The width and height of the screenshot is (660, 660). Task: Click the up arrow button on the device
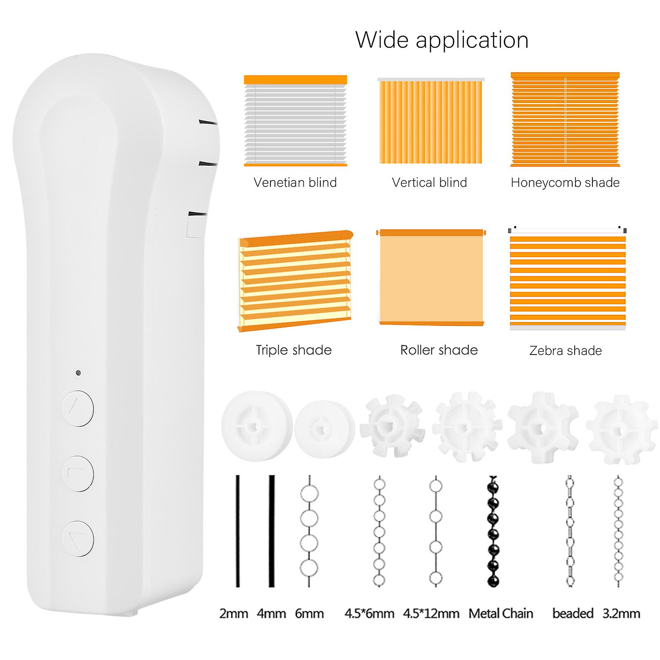(78, 408)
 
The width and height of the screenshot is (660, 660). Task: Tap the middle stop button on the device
(78, 473)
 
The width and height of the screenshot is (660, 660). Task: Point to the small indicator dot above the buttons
(78, 373)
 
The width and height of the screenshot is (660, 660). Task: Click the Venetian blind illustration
(296, 121)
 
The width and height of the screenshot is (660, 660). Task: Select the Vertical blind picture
(431, 121)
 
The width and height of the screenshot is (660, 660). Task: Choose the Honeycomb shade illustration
(565, 120)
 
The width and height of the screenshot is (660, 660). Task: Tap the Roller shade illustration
(431, 277)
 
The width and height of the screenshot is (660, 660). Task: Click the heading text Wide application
(442, 40)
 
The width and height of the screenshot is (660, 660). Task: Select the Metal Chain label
(501, 613)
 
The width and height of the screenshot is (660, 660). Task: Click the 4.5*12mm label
(431, 613)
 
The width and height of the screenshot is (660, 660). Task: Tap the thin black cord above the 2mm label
(237, 531)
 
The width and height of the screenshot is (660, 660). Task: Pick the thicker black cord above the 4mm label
(272, 531)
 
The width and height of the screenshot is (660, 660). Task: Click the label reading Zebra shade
(566, 351)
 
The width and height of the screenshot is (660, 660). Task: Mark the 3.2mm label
(621, 613)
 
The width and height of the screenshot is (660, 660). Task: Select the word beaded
(573, 613)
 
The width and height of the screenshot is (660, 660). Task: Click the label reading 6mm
(309, 613)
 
